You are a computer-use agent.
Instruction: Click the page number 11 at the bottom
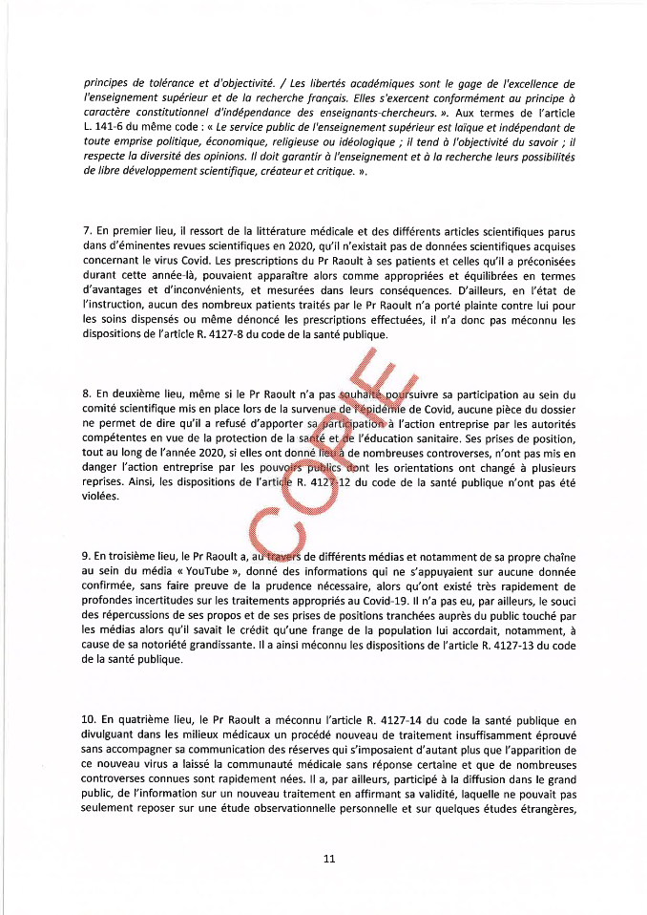pos(329,859)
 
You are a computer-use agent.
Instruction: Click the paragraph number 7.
pos(88,232)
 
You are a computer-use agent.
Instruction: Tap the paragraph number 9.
pos(88,557)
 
